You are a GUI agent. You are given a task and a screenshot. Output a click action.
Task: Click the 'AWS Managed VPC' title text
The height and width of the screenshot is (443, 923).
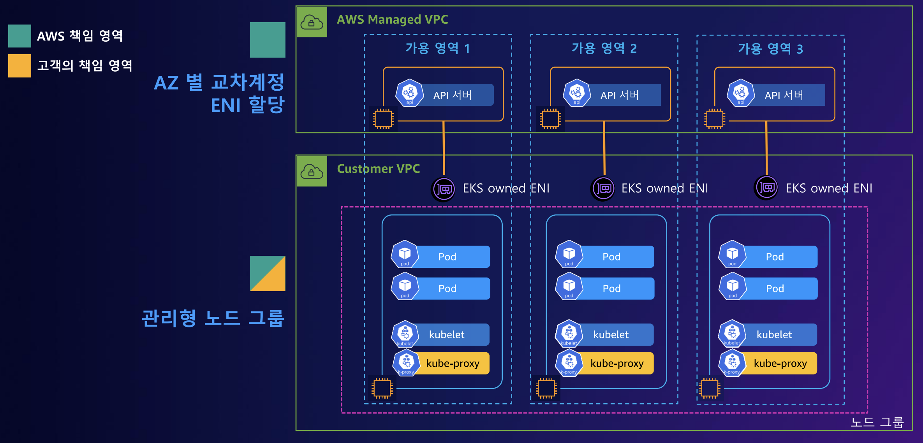[x=392, y=19]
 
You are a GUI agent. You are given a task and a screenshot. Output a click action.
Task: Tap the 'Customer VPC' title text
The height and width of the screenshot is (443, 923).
[x=378, y=169]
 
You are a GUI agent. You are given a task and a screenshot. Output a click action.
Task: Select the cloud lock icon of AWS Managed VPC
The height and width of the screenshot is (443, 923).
[x=312, y=22]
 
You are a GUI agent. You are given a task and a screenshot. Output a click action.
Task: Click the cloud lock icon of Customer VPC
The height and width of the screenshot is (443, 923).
[x=312, y=171]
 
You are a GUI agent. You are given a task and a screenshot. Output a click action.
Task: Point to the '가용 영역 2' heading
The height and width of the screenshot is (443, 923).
[x=604, y=48]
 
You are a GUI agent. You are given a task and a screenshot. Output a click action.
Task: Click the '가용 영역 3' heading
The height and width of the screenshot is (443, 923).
[x=770, y=49]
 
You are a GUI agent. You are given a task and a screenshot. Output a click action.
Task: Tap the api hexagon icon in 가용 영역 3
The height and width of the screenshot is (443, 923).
[x=741, y=93]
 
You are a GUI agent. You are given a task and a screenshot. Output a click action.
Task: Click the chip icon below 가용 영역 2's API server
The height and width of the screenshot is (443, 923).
[x=550, y=119]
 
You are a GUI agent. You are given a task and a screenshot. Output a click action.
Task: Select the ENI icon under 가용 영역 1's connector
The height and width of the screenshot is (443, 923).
[x=444, y=189]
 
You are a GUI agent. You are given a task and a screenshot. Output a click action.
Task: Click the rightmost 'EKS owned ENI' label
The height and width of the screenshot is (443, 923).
[x=829, y=188]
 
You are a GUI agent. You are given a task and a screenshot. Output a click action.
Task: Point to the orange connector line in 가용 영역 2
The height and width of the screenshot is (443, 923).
[x=604, y=148]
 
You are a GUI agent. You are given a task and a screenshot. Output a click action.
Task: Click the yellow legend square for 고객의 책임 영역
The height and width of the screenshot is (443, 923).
[x=19, y=65]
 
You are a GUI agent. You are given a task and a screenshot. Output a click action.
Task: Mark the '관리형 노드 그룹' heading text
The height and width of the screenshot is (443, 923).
[x=213, y=318]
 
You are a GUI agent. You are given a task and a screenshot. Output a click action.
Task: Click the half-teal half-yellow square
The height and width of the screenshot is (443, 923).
[x=268, y=273]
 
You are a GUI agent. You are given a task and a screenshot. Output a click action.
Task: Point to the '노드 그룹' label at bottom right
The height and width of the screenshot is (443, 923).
[x=877, y=422]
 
